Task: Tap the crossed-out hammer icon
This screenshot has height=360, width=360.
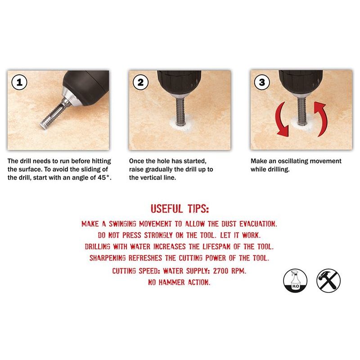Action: [x=328, y=279]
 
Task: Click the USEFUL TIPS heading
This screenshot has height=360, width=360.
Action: [x=180, y=209]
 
